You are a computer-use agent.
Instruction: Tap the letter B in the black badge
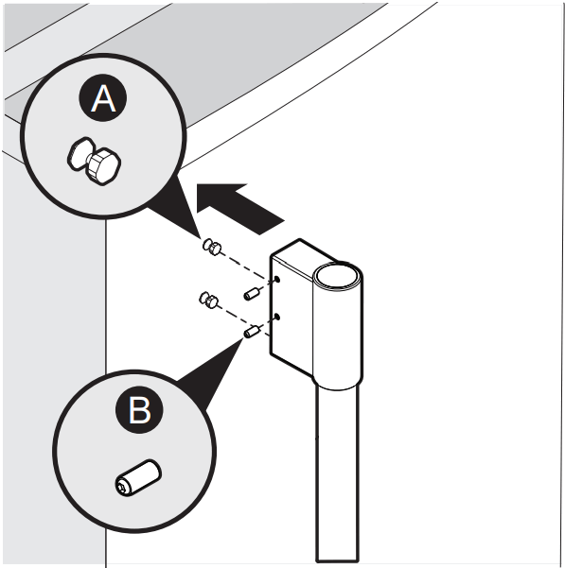pyautogui.click(x=139, y=411)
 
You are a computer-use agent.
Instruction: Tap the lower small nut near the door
pyautogui.click(x=209, y=301)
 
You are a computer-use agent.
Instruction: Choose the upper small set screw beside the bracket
pyautogui.click(x=252, y=293)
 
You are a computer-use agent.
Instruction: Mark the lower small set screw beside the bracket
pyautogui.click(x=252, y=333)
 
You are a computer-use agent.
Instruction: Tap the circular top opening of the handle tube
pyautogui.click(x=338, y=276)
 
